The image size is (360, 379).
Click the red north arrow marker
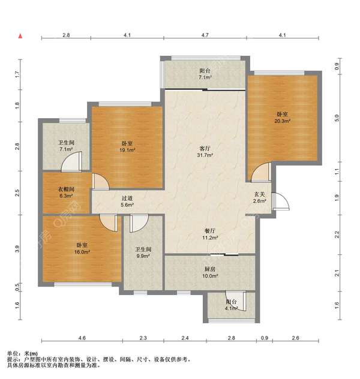click(20, 36)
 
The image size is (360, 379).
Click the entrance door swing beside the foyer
click(280, 201)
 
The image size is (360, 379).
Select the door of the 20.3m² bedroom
click(261, 172)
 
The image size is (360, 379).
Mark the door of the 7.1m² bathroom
click(71, 161)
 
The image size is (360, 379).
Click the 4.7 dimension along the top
click(205, 35)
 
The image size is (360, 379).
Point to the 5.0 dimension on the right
click(337, 118)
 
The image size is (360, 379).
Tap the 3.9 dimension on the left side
click(17, 249)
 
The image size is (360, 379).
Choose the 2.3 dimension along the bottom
click(143, 338)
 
